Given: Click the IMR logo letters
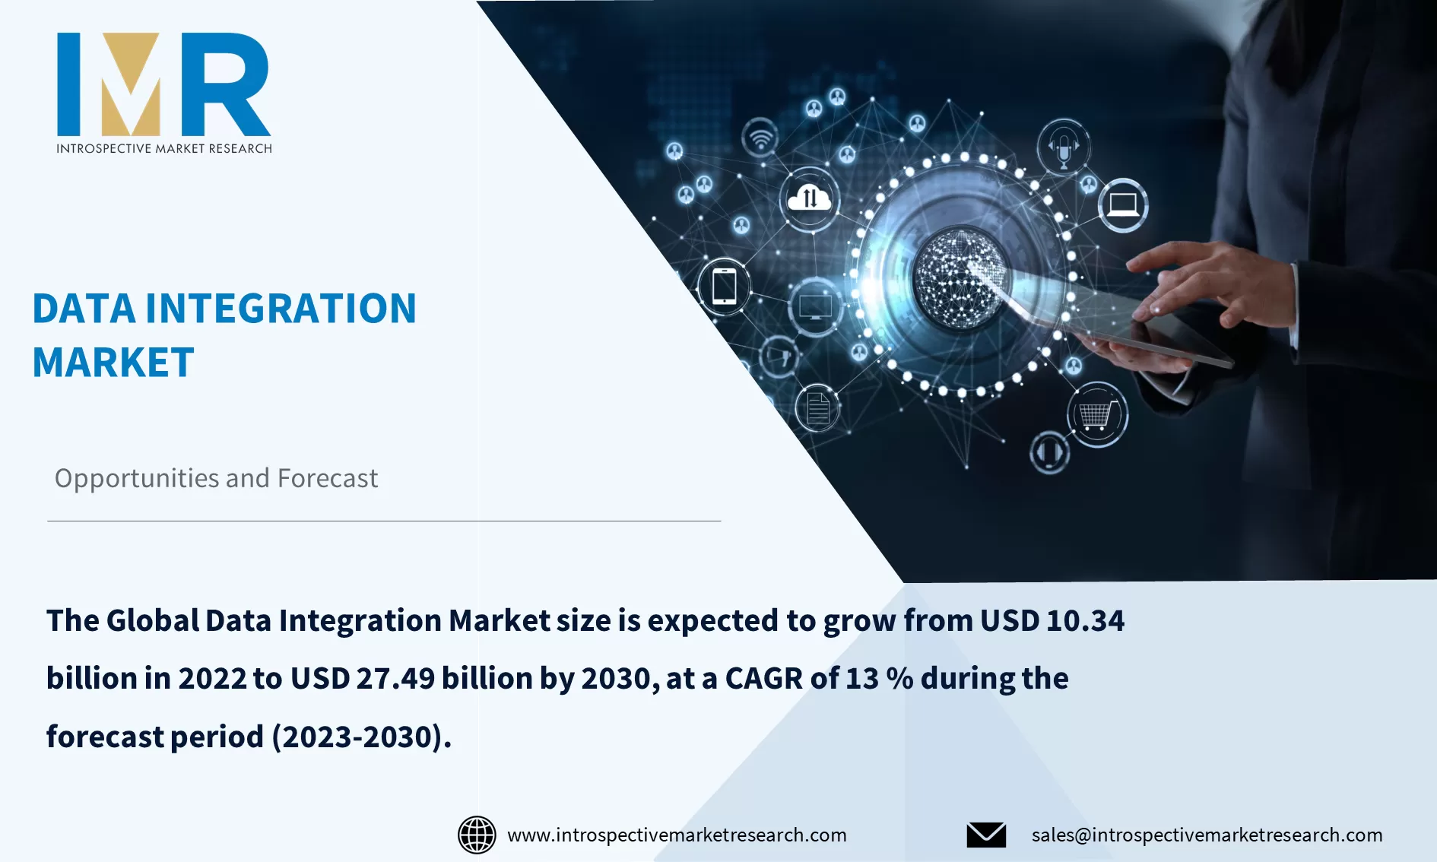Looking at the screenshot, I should tap(163, 84).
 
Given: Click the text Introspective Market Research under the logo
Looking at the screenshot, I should tap(163, 148).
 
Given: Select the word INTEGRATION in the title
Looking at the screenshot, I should tap(281, 309).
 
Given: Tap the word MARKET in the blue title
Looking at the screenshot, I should tap(113, 363).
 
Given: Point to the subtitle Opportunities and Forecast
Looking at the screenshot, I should tap(216, 478).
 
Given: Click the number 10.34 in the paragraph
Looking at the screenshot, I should tap(1085, 620).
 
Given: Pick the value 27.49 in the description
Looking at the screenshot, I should tap(395, 678).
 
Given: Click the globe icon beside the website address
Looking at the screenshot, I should tap(477, 835).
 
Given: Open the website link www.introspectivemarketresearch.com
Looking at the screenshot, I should tap(677, 835).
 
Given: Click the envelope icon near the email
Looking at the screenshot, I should tap(986, 835).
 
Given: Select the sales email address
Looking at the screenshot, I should tap(1207, 835).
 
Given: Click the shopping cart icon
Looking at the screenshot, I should tap(1096, 415).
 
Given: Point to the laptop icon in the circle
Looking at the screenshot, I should tap(1123, 204).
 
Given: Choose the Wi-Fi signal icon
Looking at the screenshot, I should tap(760, 138).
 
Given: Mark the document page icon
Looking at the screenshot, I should tap(817, 408).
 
